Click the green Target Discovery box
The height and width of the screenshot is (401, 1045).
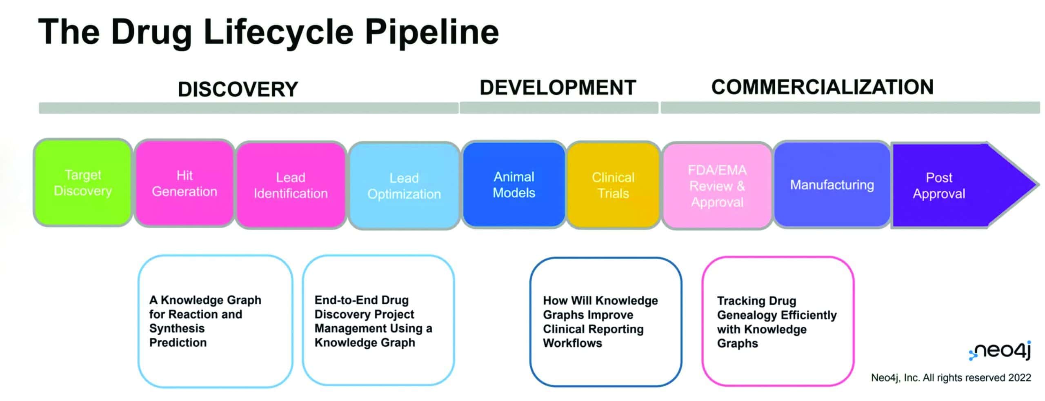click(x=83, y=183)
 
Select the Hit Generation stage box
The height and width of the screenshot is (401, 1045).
click(x=184, y=183)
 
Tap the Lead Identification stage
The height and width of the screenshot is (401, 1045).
click(x=290, y=185)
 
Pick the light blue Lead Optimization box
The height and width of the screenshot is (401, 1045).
click(x=404, y=186)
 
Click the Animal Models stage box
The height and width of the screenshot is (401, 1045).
click(x=514, y=184)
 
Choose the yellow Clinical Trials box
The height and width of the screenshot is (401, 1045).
click(x=613, y=185)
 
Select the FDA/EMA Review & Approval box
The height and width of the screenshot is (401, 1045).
click(x=717, y=186)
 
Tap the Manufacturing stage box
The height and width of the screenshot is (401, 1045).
click(x=832, y=185)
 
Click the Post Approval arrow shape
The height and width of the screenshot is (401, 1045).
click(x=947, y=185)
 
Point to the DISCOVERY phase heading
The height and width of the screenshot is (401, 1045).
click(x=238, y=89)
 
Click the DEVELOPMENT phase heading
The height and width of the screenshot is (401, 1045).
click(x=558, y=87)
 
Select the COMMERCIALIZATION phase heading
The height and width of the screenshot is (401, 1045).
click(x=822, y=87)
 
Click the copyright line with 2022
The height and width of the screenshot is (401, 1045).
click(x=951, y=378)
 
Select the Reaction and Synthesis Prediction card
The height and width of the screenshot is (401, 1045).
click(x=215, y=321)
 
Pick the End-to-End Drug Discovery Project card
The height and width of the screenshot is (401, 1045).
click(x=378, y=321)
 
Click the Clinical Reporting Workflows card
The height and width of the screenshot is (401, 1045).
click(x=605, y=322)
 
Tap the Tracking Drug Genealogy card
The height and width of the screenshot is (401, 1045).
click(x=778, y=322)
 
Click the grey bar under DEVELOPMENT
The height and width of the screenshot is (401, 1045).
click(x=558, y=108)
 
